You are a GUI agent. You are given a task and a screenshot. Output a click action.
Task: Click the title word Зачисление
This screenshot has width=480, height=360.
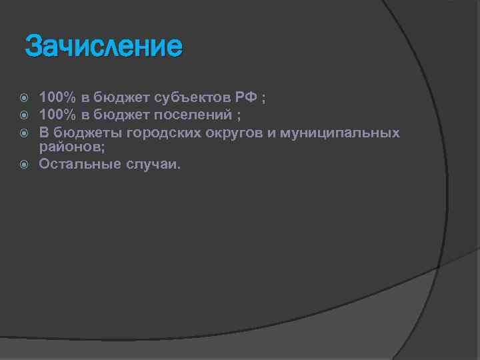point(103,47)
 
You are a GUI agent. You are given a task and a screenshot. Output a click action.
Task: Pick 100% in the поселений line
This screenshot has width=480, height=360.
point(57,115)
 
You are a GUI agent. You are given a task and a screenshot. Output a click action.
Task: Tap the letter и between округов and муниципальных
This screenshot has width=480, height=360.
point(274,132)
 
